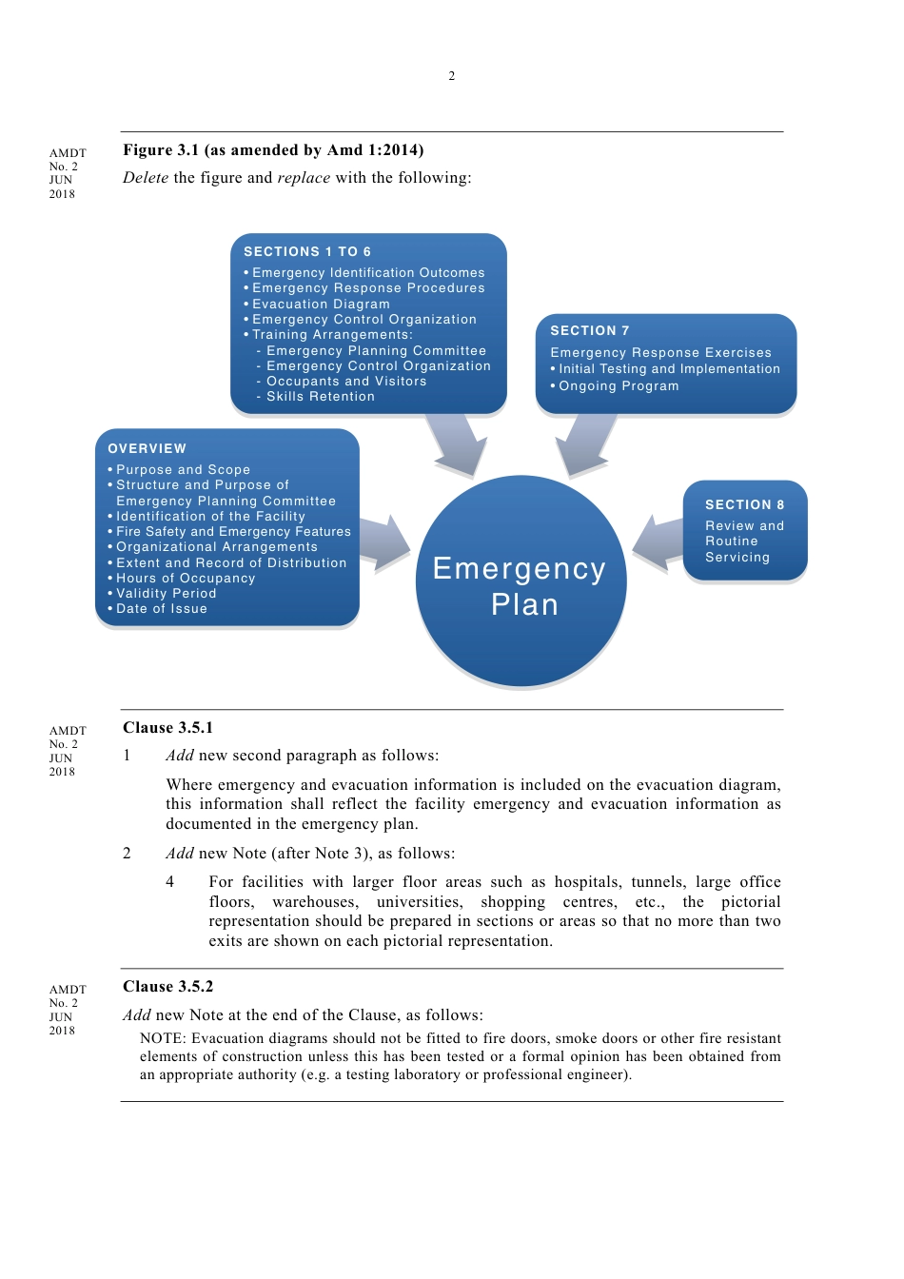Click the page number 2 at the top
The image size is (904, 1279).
coord(452,76)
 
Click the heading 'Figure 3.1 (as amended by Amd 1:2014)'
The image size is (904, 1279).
coord(273,150)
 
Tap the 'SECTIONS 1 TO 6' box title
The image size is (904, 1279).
coord(307,252)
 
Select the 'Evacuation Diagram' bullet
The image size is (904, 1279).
coord(321,305)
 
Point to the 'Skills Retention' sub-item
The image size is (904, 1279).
coord(320,397)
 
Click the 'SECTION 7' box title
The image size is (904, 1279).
coord(590,331)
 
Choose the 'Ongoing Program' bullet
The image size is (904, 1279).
coord(619,386)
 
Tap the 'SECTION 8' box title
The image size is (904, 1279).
coord(745,505)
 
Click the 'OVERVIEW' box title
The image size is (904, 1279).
coord(147,449)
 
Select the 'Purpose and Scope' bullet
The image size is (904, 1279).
coord(183,470)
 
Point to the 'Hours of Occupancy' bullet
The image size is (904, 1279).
coord(186,579)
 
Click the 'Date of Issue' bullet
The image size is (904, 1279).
coord(161,609)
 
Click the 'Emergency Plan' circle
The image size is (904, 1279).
coord(521,582)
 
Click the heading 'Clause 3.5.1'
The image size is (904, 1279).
coord(168,728)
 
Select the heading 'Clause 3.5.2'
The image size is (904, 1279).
coord(168,987)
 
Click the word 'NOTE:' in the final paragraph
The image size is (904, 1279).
coord(162,1039)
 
